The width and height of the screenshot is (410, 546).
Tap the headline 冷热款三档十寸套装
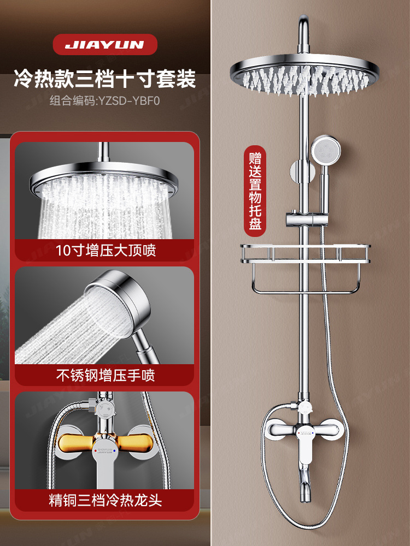pos(104,79)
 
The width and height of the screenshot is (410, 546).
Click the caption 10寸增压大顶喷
pos(104,251)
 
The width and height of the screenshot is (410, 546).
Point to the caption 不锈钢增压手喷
pos(104,375)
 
